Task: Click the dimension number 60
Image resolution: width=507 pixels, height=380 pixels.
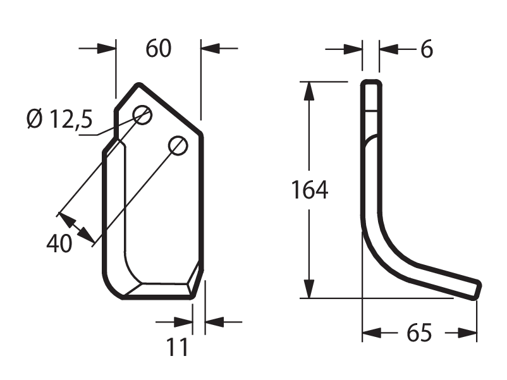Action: coord(158,49)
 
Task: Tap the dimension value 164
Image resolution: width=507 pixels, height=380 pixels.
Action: coord(309,190)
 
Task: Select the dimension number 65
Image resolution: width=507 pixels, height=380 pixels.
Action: coord(419,333)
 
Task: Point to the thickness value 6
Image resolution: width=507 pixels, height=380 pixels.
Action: coord(427,49)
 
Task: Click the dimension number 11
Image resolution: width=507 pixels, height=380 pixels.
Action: coord(177,347)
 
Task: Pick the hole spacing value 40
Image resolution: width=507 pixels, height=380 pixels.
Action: coord(59,243)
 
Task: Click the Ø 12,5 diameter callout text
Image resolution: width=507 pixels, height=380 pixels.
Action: coord(60,119)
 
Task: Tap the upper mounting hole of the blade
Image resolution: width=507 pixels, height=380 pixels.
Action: coord(142,115)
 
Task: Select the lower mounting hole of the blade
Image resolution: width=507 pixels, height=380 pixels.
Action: coord(178,145)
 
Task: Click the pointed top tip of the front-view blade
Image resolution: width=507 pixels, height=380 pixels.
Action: coord(139,85)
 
